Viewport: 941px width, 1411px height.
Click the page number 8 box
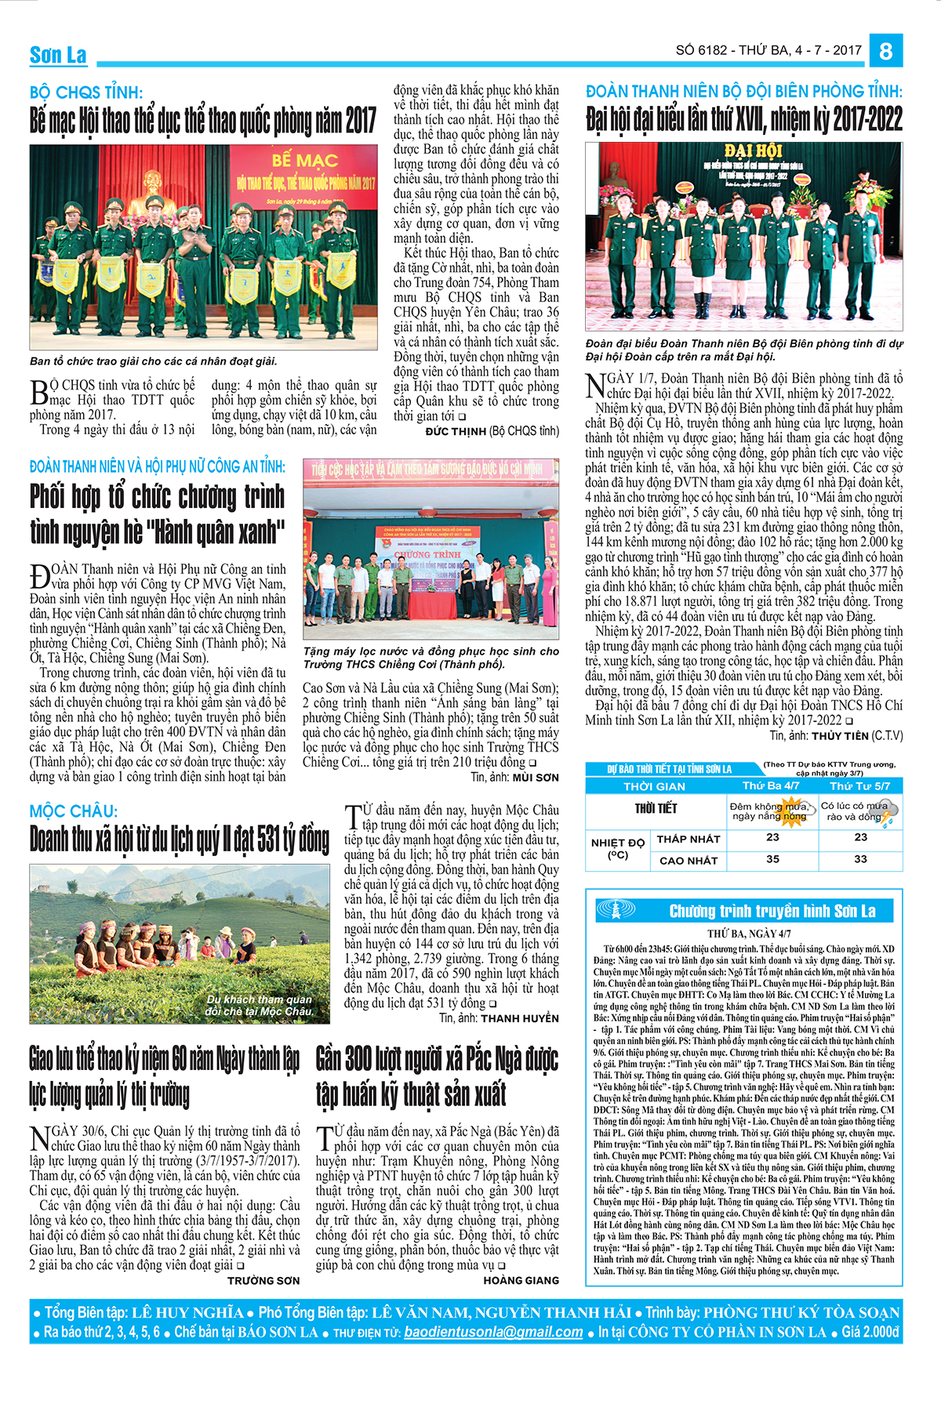886,51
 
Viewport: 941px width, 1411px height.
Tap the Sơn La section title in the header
58,55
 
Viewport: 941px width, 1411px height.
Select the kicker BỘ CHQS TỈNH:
86,92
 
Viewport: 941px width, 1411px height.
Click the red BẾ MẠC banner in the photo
305,161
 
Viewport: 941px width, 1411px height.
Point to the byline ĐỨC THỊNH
456,431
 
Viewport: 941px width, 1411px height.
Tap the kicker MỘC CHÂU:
74,811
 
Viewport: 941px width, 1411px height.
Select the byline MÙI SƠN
536,778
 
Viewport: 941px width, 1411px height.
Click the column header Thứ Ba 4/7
771,785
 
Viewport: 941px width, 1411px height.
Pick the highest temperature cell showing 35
772,859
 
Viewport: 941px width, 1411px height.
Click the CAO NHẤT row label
688,860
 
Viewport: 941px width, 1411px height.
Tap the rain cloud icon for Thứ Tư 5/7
886,815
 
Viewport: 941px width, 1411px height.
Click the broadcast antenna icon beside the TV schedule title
616,910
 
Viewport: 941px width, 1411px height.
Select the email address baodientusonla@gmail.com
493,1332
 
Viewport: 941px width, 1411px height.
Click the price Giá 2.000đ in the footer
870,1332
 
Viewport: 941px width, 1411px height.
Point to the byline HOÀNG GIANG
521,1280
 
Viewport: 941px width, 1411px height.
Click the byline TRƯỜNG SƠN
263,1280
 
